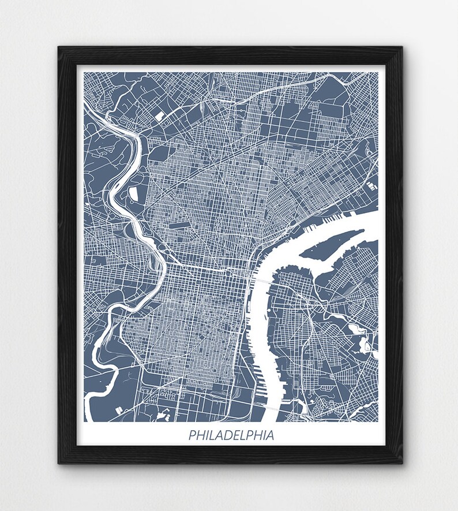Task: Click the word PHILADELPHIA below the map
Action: pyautogui.click(x=231, y=435)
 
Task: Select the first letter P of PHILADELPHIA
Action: pyautogui.click(x=192, y=435)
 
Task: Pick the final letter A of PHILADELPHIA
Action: pyautogui.click(x=270, y=435)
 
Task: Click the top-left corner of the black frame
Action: pyautogui.click(x=59, y=48)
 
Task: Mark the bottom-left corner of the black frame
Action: pyautogui.click(x=59, y=463)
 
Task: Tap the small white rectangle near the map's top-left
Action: pyautogui.click(x=159, y=115)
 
